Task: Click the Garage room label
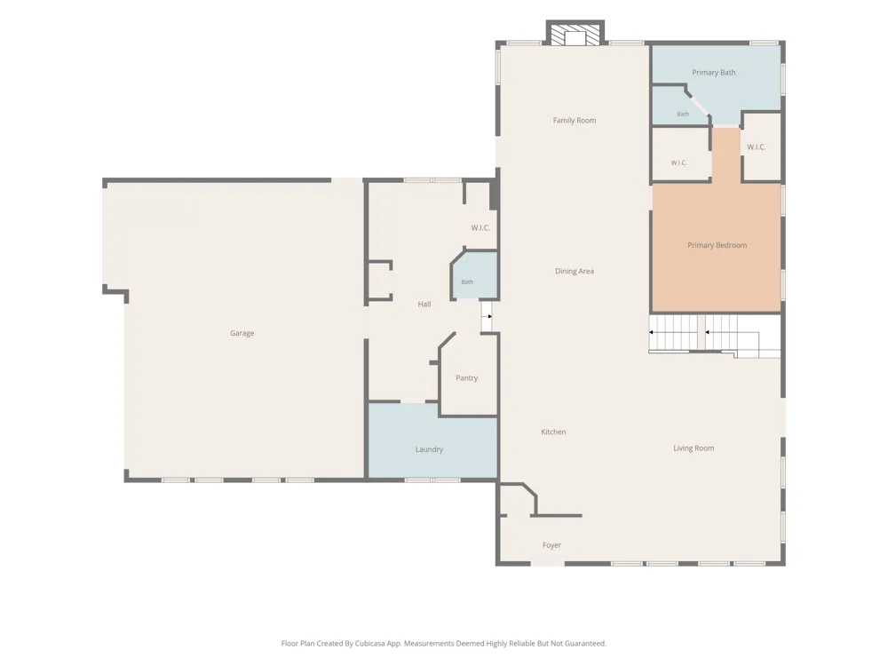[x=242, y=333]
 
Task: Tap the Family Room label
[x=575, y=120]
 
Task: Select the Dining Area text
[x=575, y=271]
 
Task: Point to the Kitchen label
[x=553, y=432]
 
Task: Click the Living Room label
[x=694, y=448]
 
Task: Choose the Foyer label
[x=551, y=545]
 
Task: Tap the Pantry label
[x=467, y=377]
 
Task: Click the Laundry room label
[x=429, y=449]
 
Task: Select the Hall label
[x=424, y=304]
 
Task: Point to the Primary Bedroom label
[x=717, y=245]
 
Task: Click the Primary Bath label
[x=714, y=73]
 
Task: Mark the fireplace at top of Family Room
[x=575, y=33]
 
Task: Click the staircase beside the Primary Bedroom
[x=715, y=336]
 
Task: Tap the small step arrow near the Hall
[x=489, y=317]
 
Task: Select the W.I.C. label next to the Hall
[x=480, y=227]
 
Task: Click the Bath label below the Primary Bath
[x=683, y=114]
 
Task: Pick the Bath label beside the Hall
[x=467, y=281]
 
